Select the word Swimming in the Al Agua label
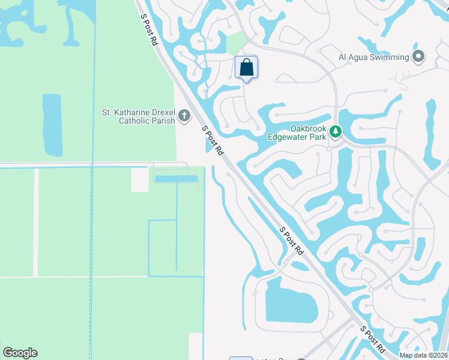click(388, 58)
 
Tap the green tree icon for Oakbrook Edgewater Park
click(335, 131)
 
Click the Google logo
click(20, 353)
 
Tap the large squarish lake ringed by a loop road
click(291, 300)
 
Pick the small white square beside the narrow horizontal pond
click(139, 179)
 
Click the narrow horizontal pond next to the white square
click(176, 178)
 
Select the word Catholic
click(136, 121)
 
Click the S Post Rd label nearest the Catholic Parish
click(212, 140)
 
